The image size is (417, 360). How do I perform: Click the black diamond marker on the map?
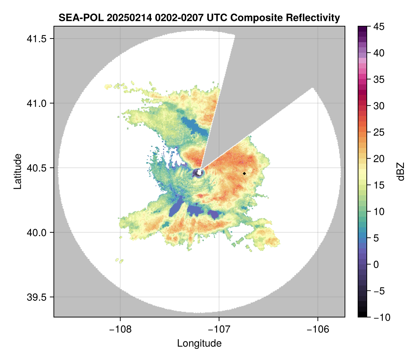pyautogui.click(x=245, y=173)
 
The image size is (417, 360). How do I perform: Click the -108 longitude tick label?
pyautogui.click(x=120, y=329)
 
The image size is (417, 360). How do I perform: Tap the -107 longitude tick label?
pyautogui.click(x=219, y=329)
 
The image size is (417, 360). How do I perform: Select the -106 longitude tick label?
pyautogui.click(x=318, y=329)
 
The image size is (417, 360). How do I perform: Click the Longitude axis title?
pyautogui.click(x=199, y=343)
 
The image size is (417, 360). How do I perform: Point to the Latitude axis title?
pyautogui.click(x=17, y=171)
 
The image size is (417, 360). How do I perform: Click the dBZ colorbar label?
pyautogui.click(x=401, y=172)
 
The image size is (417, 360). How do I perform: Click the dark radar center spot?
pyautogui.click(x=198, y=173)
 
